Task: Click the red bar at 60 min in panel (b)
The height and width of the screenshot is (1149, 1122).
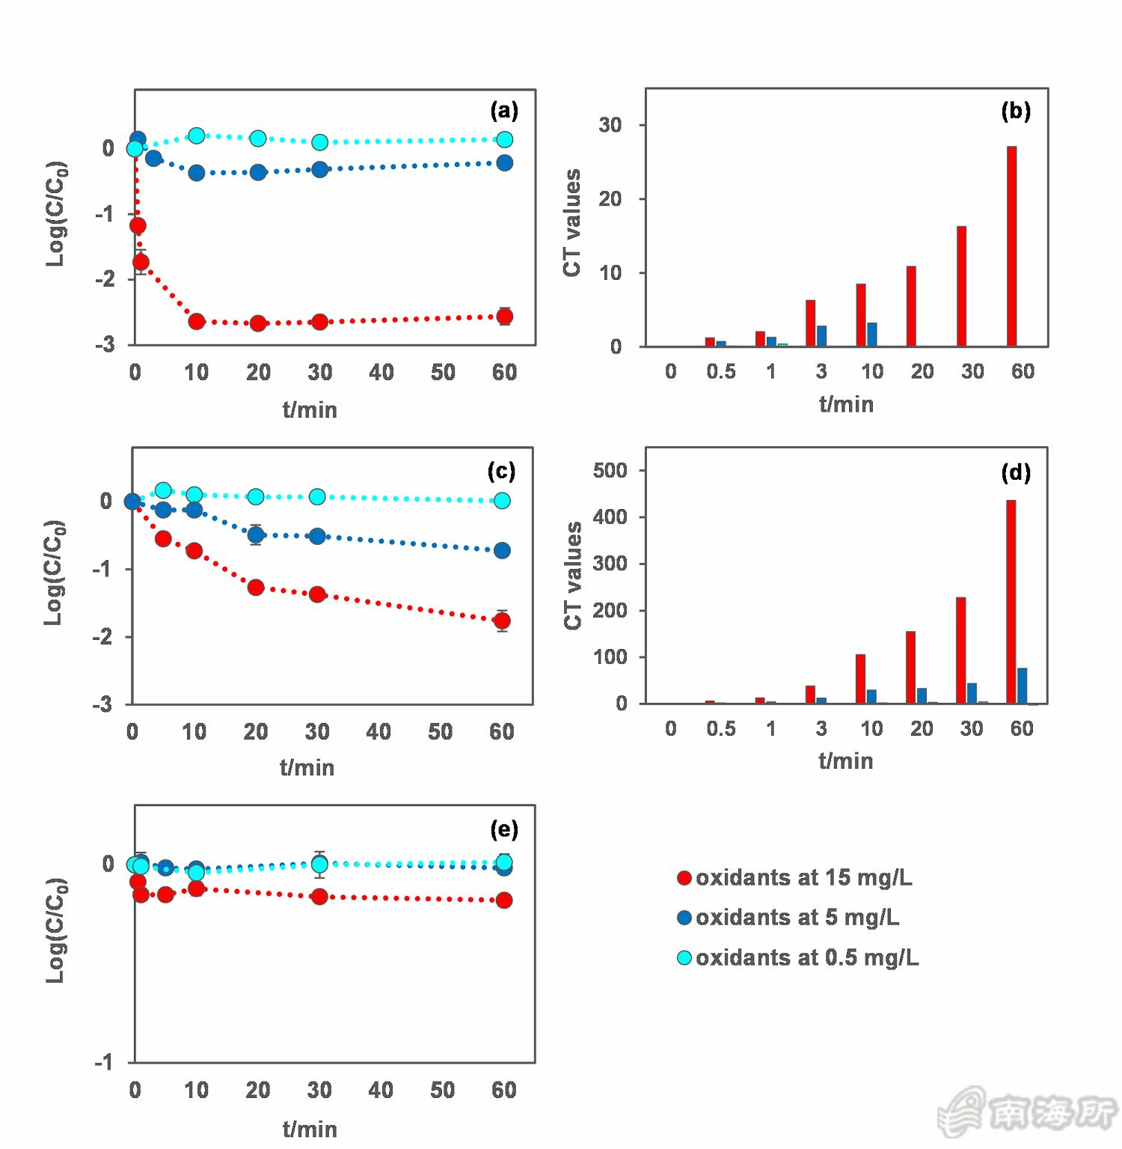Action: (x=1011, y=246)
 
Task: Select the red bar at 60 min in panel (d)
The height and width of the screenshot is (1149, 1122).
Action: (x=1011, y=602)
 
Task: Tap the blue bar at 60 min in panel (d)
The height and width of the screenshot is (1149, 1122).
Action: (x=1022, y=686)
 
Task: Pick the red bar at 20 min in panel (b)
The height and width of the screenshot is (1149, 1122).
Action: (x=911, y=306)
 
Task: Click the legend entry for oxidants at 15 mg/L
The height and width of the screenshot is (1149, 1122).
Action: (x=795, y=877)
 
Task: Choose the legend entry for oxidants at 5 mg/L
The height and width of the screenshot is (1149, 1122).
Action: (x=788, y=917)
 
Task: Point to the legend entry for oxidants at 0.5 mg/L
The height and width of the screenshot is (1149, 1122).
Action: (x=798, y=957)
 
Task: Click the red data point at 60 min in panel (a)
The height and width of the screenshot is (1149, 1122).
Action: (x=505, y=317)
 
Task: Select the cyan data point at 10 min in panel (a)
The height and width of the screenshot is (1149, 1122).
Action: (x=197, y=135)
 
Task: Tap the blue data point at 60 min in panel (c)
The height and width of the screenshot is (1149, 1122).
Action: (x=502, y=550)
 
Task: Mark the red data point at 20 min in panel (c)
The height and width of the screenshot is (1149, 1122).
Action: (x=256, y=588)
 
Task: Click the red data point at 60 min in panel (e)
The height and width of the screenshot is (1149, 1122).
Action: (x=504, y=900)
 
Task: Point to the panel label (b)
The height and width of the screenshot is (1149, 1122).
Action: (x=1016, y=111)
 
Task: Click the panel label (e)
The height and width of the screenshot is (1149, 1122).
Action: (x=504, y=829)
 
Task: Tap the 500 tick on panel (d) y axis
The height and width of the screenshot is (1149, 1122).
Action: (x=610, y=470)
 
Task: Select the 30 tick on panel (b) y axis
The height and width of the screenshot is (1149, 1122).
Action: (x=610, y=125)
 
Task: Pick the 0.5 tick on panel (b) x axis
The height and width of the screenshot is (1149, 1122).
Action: (x=721, y=371)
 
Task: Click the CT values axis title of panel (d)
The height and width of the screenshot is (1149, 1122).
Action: (x=573, y=576)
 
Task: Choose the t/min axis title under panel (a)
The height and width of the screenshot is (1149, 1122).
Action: (x=310, y=409)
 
